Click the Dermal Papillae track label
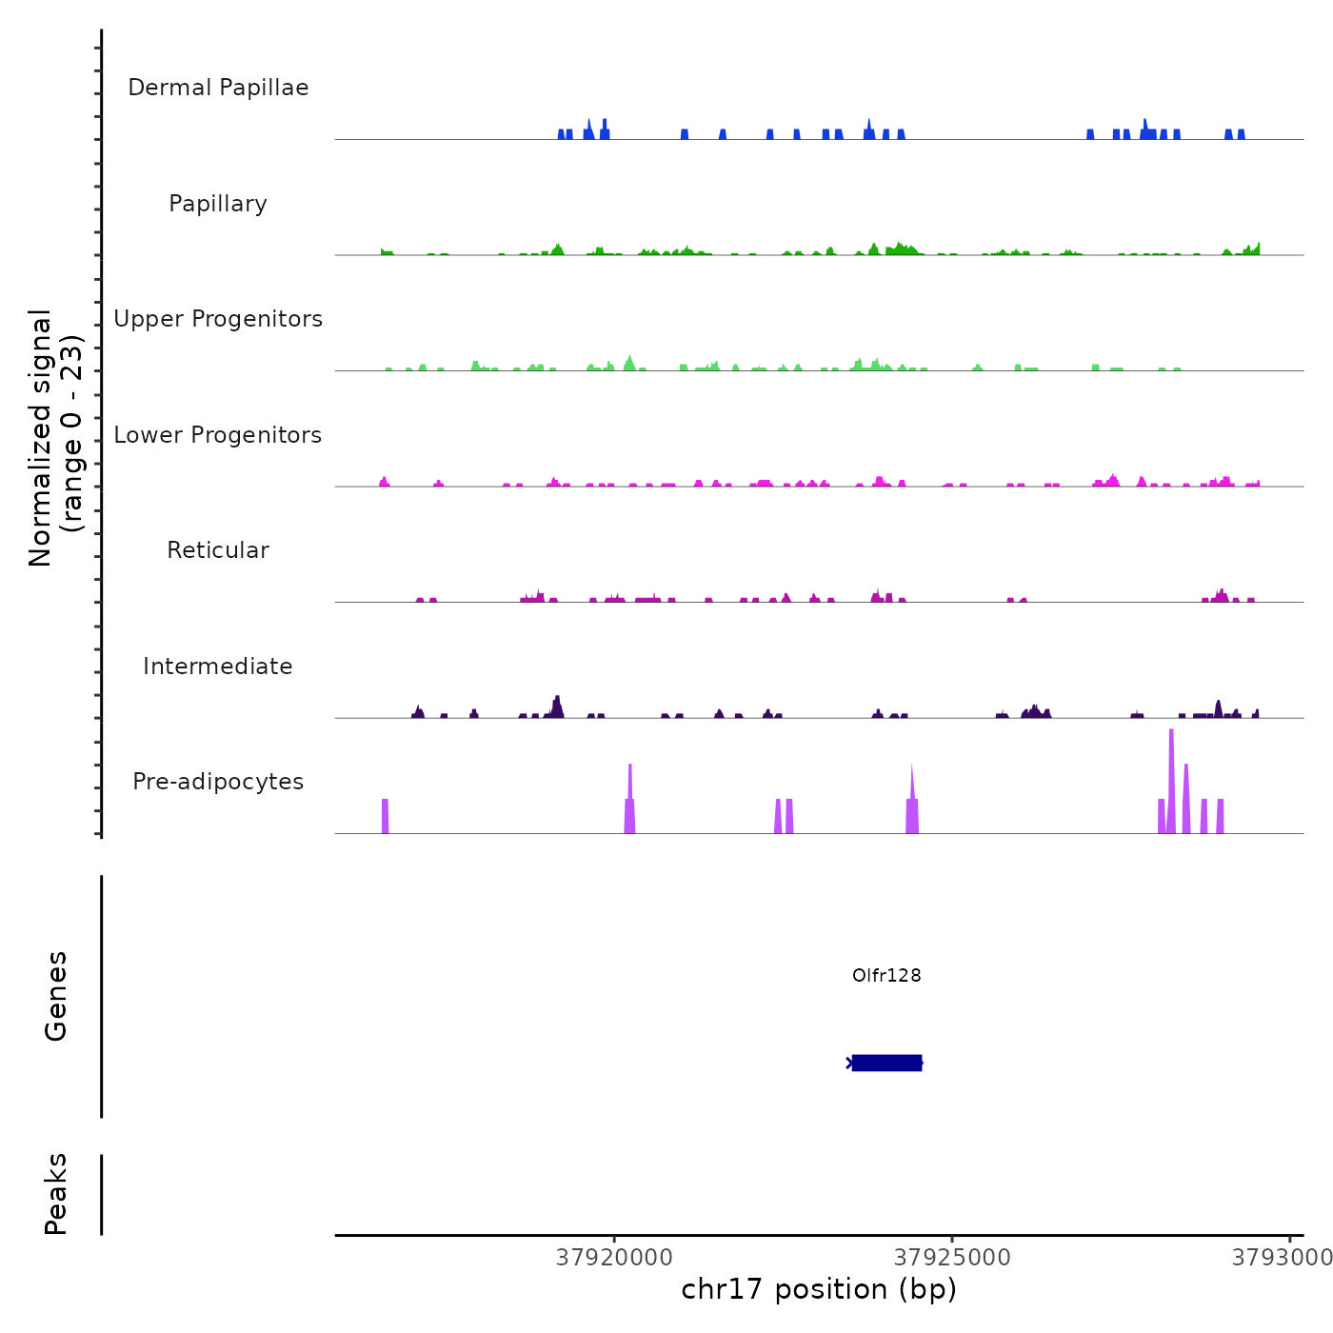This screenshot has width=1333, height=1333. tap(218, 88)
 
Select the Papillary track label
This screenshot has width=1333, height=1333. tap(218, 204)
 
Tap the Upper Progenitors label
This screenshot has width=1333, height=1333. tap(218, 319)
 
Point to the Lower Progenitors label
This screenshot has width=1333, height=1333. tap(218, 435)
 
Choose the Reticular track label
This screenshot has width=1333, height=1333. tap(218, 550)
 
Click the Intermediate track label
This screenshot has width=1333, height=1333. tap(218, 666)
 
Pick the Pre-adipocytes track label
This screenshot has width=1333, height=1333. tap(218, 782)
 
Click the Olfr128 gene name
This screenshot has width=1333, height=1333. tap(886, 975)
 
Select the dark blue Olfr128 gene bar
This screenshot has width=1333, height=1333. tap(886, 1063)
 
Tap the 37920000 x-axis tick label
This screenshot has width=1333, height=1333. tap(614, 1258)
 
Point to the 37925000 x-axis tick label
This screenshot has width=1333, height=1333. tap(952, 1258)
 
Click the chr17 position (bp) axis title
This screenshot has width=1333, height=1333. tap(819, 1289)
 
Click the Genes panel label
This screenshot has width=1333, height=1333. tap(56, 996)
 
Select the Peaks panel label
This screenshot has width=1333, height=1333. tap(56, 1194)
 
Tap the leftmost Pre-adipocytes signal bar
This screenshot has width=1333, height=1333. tap(386, 817)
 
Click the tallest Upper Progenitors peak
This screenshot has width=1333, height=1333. tap(629, 363)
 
